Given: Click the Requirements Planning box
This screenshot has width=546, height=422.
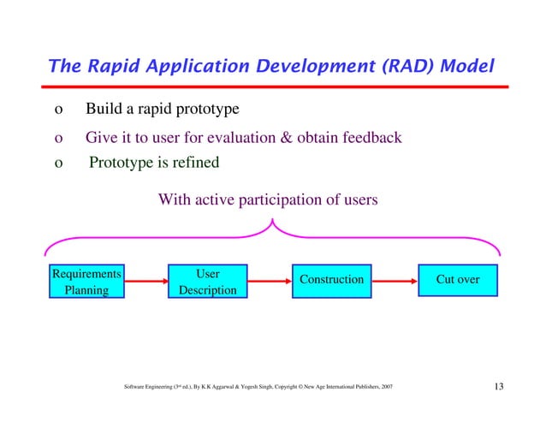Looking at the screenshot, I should click(x=86, y=282).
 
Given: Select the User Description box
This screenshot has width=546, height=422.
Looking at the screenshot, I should click(x=207, y=282).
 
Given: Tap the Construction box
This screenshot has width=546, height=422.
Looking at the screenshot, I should click(x=330, y=280).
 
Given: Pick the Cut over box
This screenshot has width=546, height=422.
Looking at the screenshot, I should click(x=458, y=280).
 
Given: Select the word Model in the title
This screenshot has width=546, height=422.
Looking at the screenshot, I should click(x=466, y=66).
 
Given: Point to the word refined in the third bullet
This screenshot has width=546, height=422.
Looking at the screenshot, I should click(x=193, y=163).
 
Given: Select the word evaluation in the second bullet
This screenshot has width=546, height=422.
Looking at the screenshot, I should click(x=239, y=138).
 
